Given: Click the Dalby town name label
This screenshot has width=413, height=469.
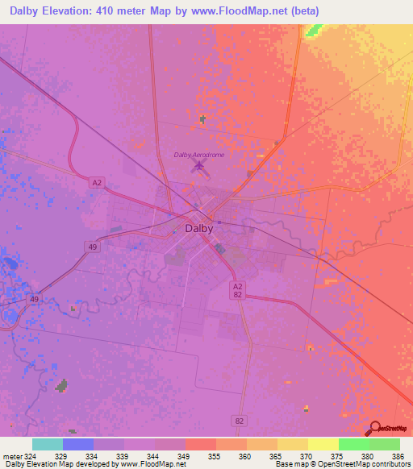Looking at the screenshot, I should pos(199,228).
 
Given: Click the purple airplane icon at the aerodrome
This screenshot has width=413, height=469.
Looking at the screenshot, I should pos(198,167).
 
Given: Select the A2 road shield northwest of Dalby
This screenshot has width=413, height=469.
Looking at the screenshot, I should pos(97,183).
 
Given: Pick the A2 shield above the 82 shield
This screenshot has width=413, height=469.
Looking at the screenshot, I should pos(237,286).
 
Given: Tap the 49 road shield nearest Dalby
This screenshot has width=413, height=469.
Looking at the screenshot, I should pos(94,247).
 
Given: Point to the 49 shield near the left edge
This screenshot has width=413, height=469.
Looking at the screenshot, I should pos(34,300).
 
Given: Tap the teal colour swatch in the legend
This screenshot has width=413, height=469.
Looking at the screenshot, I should pos(47,444).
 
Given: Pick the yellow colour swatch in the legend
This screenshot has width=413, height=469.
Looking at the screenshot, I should pos(323,444).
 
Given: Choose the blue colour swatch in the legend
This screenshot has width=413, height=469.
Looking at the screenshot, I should pos(78,444).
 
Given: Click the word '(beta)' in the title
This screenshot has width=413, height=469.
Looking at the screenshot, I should pos(307,11).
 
